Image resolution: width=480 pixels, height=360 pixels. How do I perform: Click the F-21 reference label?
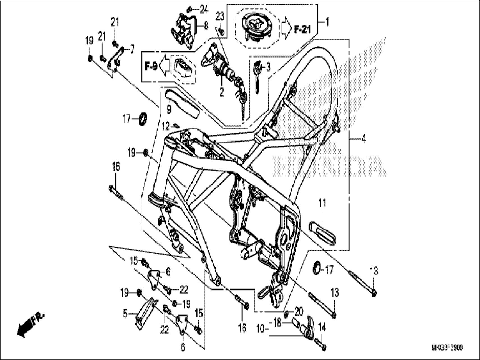[x=303, y=29]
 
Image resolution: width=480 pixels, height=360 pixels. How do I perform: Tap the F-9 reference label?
[x=151, y=67]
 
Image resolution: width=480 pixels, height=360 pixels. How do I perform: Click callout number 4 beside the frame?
[x=363, y=138]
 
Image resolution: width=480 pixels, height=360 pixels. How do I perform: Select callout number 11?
[x=322, y=203]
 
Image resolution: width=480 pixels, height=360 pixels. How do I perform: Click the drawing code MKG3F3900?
[x=447, y=348]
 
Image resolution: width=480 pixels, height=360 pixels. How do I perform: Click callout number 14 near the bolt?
[x=322, y=327]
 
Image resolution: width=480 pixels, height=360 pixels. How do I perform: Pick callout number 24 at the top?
[x=204, y=10]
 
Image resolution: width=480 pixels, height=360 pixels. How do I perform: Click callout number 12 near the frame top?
[x=166, y=127]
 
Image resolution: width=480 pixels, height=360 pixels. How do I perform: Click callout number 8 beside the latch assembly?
[x=206, y=26]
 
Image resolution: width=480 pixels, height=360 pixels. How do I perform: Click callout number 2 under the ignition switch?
[x=221, y=92]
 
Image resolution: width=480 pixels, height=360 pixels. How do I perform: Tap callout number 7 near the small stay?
[x=132, y=49]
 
